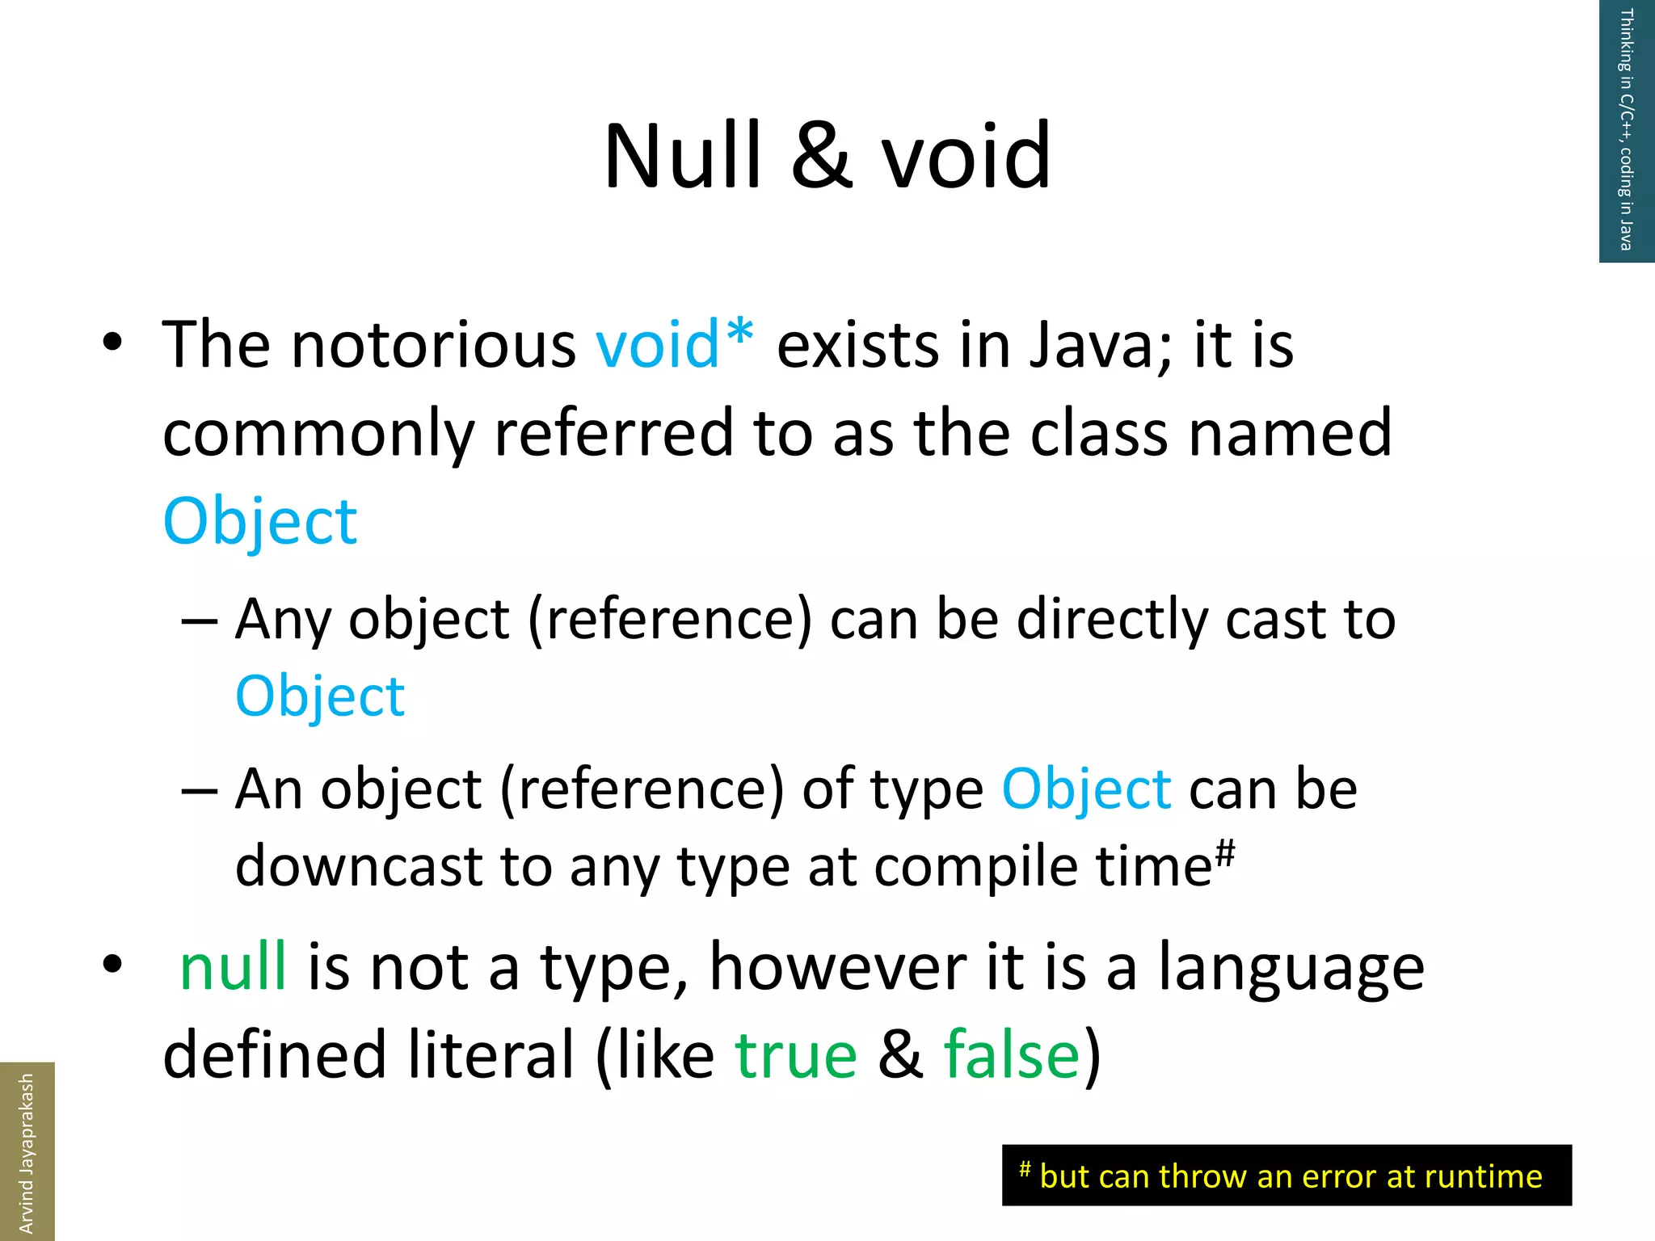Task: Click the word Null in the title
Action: tap(683, 156)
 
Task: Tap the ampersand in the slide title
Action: tap(822, 156)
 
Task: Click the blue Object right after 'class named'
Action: tap(260, 522)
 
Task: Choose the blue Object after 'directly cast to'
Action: tap(320, 696)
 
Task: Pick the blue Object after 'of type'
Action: tap(1086, 789)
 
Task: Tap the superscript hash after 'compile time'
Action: tap(1225, 852)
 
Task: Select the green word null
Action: tap(233, 966)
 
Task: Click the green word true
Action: tap(796, 1055)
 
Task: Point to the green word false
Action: tap(1012, 1055)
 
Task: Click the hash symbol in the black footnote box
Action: tap(1025, 1168)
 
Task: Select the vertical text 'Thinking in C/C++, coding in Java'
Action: tap(1626, 129)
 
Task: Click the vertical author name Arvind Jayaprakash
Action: tap(27, 1152)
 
